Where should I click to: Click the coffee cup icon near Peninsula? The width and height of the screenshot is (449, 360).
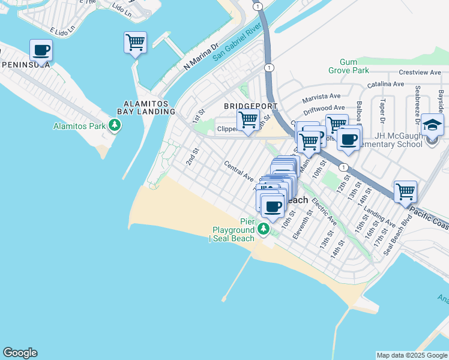point(41,50)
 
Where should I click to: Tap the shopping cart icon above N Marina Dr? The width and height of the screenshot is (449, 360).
point(136,43)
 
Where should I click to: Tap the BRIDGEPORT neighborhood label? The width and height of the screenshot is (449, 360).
point(251,106)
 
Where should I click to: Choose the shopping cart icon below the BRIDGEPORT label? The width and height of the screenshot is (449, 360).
point(247,119)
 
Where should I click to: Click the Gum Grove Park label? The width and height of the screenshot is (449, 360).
point(343,66)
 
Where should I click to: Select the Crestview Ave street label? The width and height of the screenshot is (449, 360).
point(420,72)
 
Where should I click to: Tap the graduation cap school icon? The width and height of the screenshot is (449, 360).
point(432,125)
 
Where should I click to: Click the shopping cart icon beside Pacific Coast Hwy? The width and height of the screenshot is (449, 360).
point(405,192)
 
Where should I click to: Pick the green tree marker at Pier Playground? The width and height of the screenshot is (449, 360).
point(263,229)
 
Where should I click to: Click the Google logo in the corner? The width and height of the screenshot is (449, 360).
point(20,353)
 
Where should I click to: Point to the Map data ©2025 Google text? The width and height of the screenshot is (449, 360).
point(412,355)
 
